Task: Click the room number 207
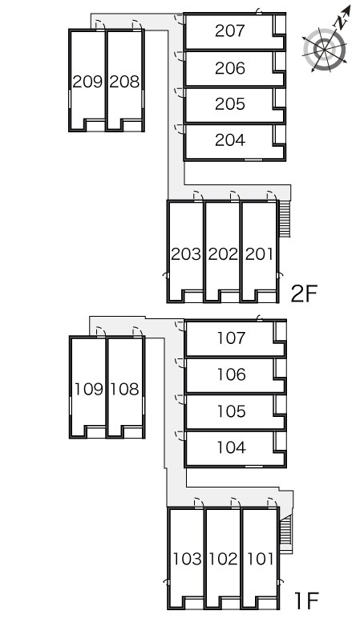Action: click(x=230, y=30)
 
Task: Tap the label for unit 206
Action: click(x=230, y=68)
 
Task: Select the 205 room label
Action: click(x=230, y=104)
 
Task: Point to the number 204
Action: click(x=230, y=140)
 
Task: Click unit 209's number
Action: click(x=87, y=82)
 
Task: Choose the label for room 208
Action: click(x=124, y=82)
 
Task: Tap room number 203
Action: click(x=186, y=254)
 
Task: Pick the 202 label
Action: click(x=223, y=254)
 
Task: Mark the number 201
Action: click(x=259, y=254)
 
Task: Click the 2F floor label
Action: click(x=304, y=293)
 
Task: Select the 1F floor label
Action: click(x=306, y=601)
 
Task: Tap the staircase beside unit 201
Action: click(x=285, y=219)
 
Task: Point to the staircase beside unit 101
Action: click(x=285, y=532)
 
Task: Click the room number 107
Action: click(x=232, y=338)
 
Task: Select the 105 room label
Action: click(x=232, y=411)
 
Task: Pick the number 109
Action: click(x=89, y=389)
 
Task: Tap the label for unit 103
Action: click(x=187, y=559)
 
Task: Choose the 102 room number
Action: click(x=224, y=559)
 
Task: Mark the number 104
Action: click(x=232, y=447)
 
